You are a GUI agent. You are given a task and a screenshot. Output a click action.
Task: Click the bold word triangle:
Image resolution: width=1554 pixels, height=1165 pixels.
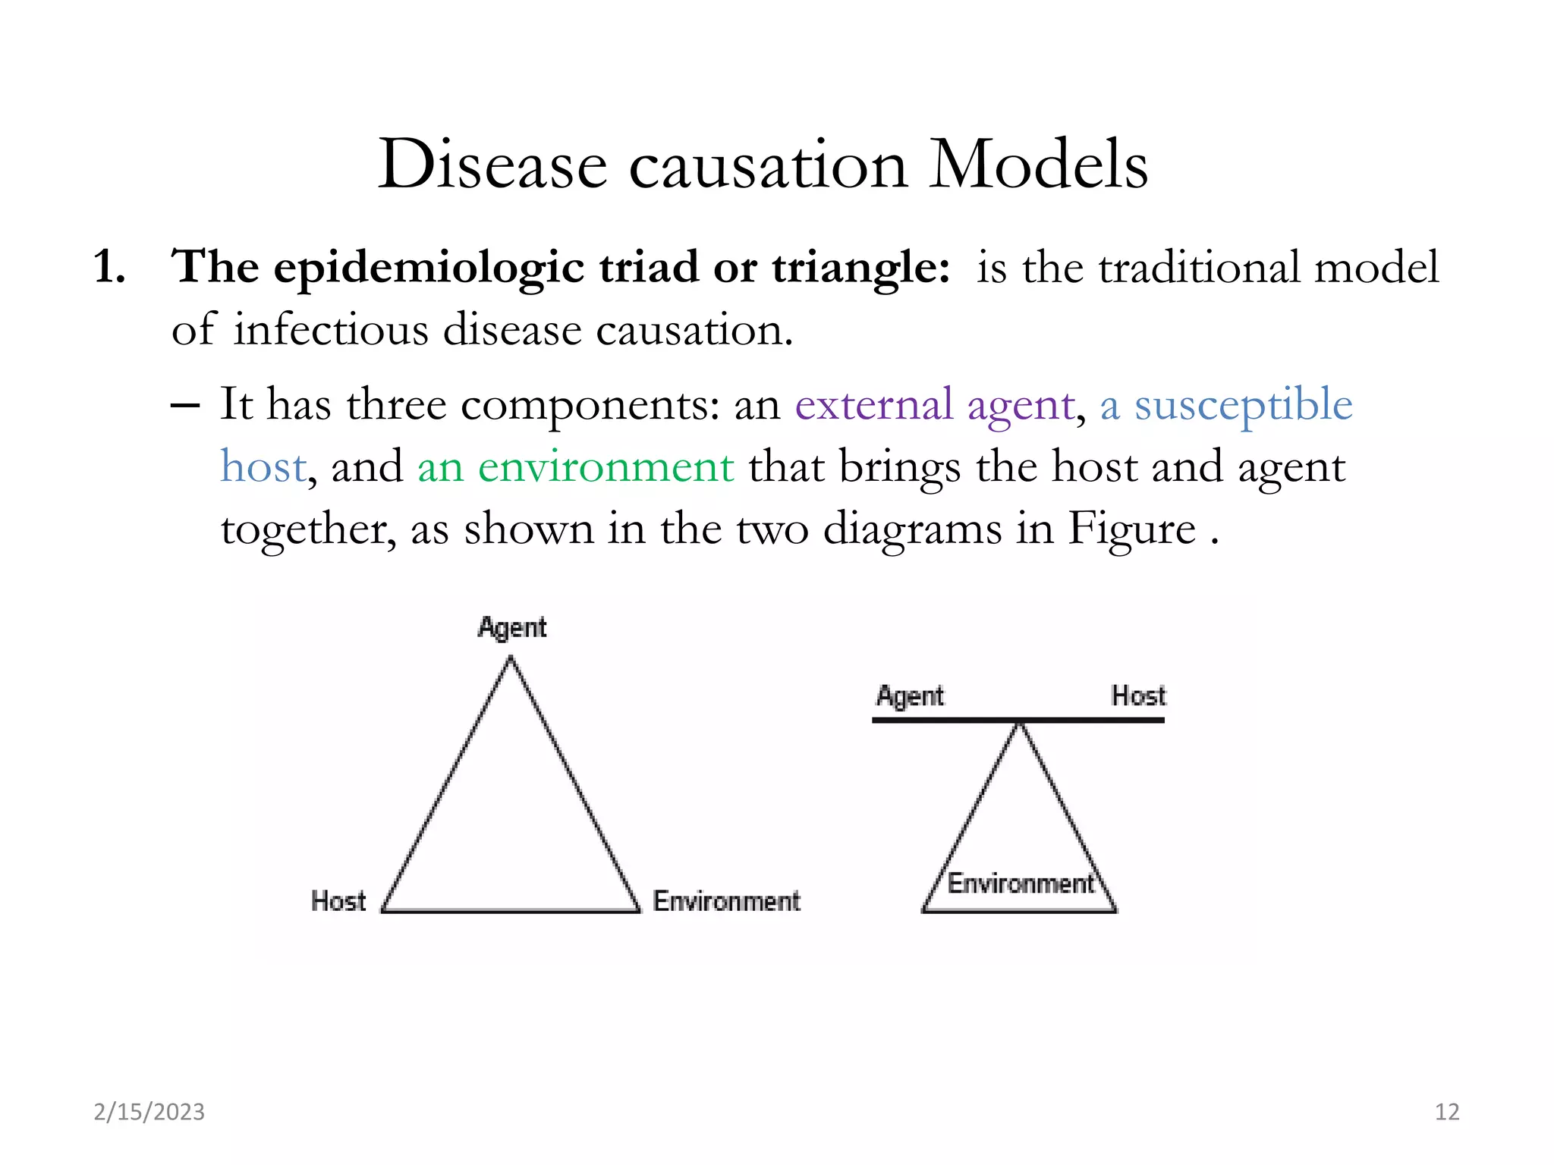point(860,268)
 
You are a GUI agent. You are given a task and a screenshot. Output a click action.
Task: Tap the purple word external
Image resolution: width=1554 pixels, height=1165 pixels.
point(873,404)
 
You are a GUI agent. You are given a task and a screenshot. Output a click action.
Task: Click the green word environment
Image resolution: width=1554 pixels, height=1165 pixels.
point(606,466)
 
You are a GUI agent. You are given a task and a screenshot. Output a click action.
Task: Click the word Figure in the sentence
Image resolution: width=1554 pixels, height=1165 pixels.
point(1131,529)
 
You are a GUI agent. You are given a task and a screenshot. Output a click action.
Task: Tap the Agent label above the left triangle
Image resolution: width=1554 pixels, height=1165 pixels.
point(512,628)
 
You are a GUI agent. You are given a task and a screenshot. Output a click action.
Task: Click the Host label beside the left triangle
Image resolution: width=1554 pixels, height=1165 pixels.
point(338,901)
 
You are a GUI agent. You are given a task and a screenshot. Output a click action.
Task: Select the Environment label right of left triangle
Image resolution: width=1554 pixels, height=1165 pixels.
point(726,901)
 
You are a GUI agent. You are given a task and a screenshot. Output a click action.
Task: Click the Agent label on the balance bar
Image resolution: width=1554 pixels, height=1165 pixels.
point(910,696)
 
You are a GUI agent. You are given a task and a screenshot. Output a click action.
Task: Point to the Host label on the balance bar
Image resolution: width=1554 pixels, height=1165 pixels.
point(1138,696)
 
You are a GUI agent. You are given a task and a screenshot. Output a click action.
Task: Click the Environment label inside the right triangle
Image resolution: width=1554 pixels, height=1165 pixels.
point(1021,884)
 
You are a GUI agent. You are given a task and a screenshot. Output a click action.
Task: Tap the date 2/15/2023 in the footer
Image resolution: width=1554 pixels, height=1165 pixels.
point(149,1112)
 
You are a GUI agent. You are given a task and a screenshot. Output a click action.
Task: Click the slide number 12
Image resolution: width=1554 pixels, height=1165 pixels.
point(1447,1112)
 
